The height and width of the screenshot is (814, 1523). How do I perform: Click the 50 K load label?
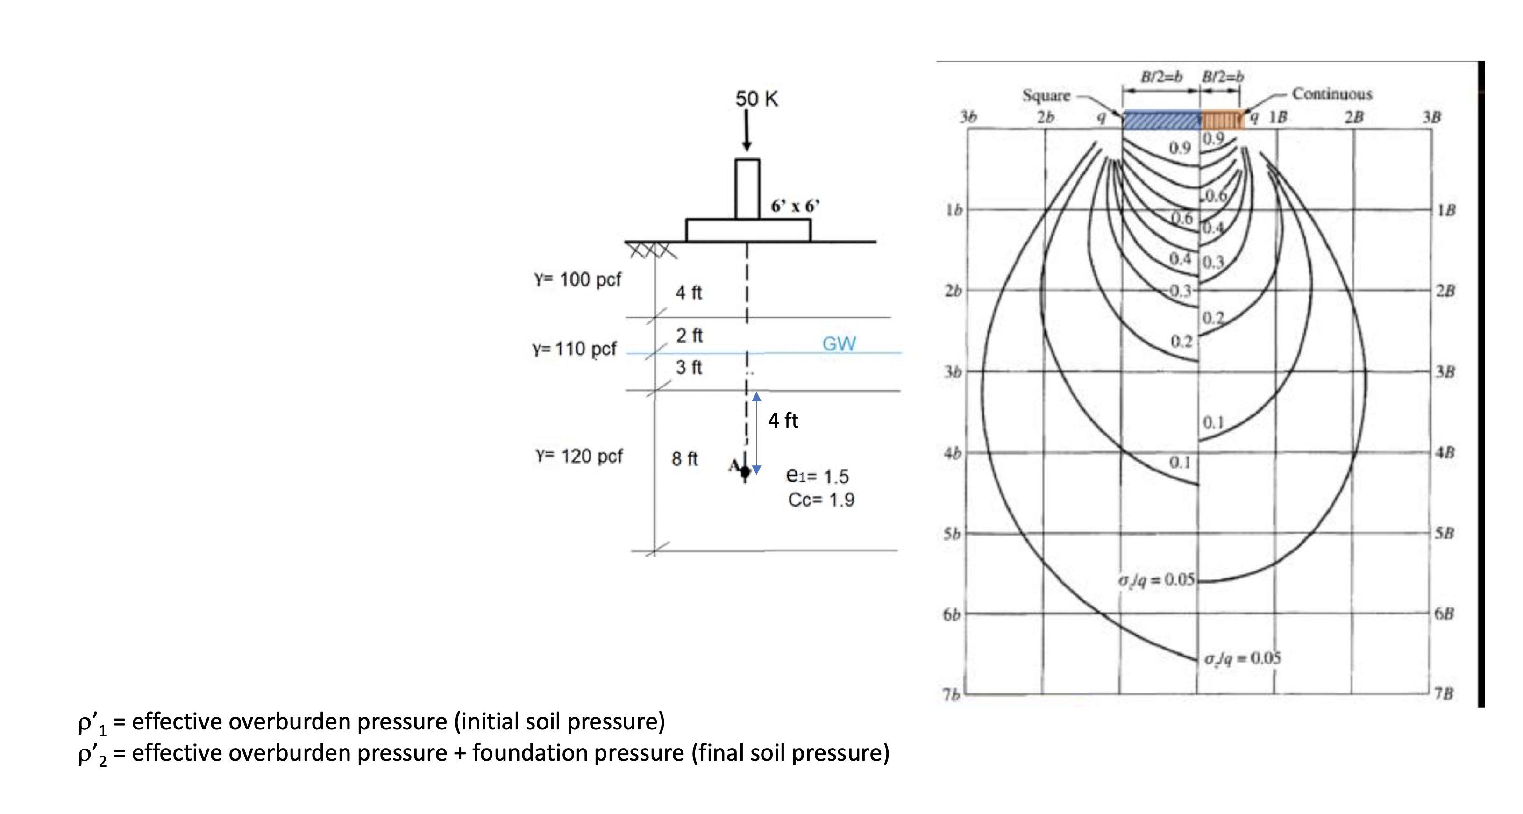[756, 99]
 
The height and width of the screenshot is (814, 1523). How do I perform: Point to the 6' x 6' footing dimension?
[795, 207]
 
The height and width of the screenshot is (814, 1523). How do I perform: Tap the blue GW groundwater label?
[839, 343]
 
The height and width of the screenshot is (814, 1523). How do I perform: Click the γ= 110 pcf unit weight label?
[574, 349]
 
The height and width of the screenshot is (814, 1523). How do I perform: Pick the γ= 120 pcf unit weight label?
[579, 456]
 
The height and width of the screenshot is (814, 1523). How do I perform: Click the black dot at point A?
[745, 471]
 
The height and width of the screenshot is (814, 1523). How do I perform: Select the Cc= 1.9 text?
[821, 500]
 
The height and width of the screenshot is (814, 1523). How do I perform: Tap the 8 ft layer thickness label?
[684, 459]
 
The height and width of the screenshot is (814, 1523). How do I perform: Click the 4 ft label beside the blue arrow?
[783, 420]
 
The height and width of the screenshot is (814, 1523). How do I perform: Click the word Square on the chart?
[1046, 96]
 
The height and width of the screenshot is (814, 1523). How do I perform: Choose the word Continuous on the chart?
[1331, 94]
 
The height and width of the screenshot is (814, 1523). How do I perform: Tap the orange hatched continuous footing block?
[1222, 120]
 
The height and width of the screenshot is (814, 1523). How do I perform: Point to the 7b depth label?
[951, 694]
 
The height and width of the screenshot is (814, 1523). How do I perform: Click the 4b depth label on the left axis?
[952, 453]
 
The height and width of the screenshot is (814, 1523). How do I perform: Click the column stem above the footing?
[747, 189]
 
